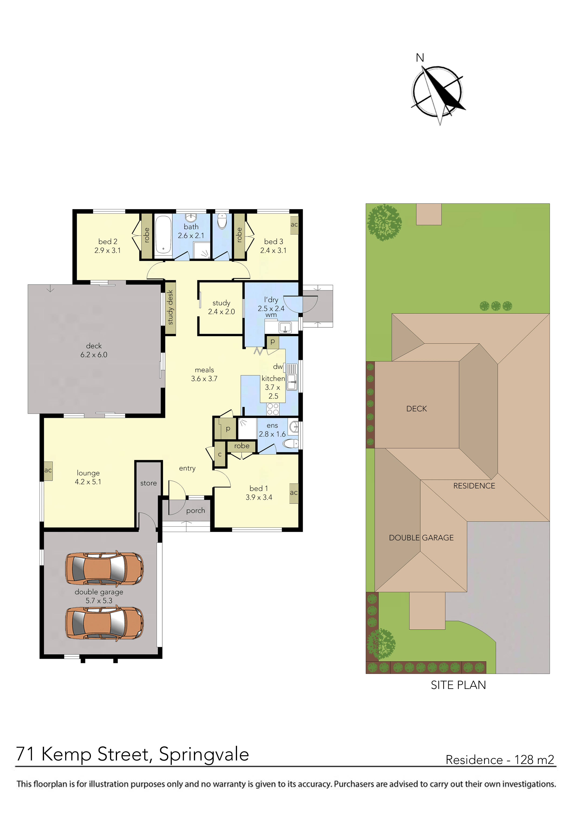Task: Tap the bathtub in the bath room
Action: tap(163, 235)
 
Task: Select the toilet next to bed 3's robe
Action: tap(222, 221)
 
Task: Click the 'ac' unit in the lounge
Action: tap(48, 470)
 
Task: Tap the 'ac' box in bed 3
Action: tap(294, 225)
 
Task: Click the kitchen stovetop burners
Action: tap(273, 409)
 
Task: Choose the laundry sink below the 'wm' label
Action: tap(285, 327)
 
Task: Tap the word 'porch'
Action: tap(196, 511)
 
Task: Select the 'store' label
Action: tap(148, 483)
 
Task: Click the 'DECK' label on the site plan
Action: tap(416, 408)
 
